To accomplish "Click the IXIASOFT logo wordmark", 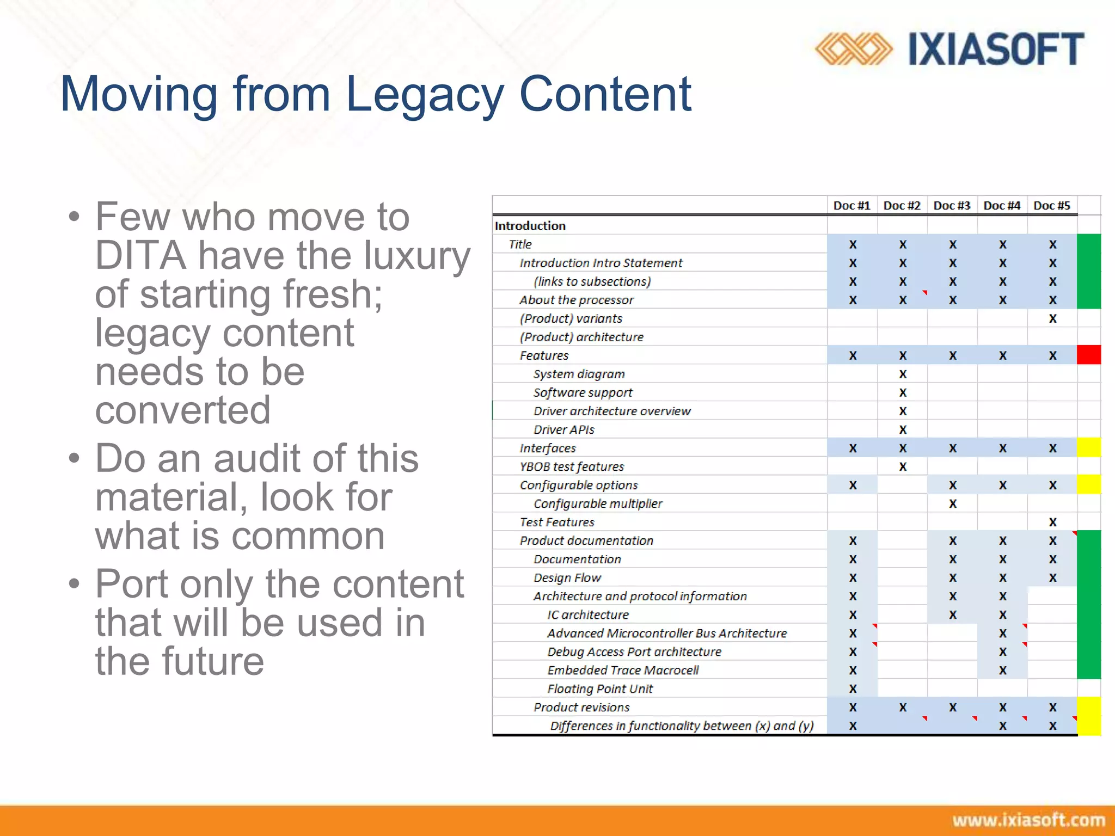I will click(x=996, y=49).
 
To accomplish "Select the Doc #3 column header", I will click(x=952, y=206).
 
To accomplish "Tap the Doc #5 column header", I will click(x=1052, y=206).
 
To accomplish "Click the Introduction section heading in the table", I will click(x=530, y=226).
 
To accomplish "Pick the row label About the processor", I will click(x=577, y=300).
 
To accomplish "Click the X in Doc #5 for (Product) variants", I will click(x=1052, y=318).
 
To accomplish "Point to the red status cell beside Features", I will click(x=1089, y=355).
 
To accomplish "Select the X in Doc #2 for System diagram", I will click(x=903, y=374).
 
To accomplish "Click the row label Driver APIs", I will click(x=564, y=429).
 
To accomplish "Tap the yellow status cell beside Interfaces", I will click(x=1089, y=447).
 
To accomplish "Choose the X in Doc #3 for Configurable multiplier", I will click(x=953, y=503).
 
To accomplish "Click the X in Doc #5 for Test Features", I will click(x=1052, y=522).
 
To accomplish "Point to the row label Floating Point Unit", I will click(x=600, y=689).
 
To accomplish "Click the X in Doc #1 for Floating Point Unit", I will click(x=853, y=689).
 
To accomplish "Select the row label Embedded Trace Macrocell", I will click(x=623, y=670).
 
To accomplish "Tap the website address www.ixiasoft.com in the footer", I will click(x=1028, y=820).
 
